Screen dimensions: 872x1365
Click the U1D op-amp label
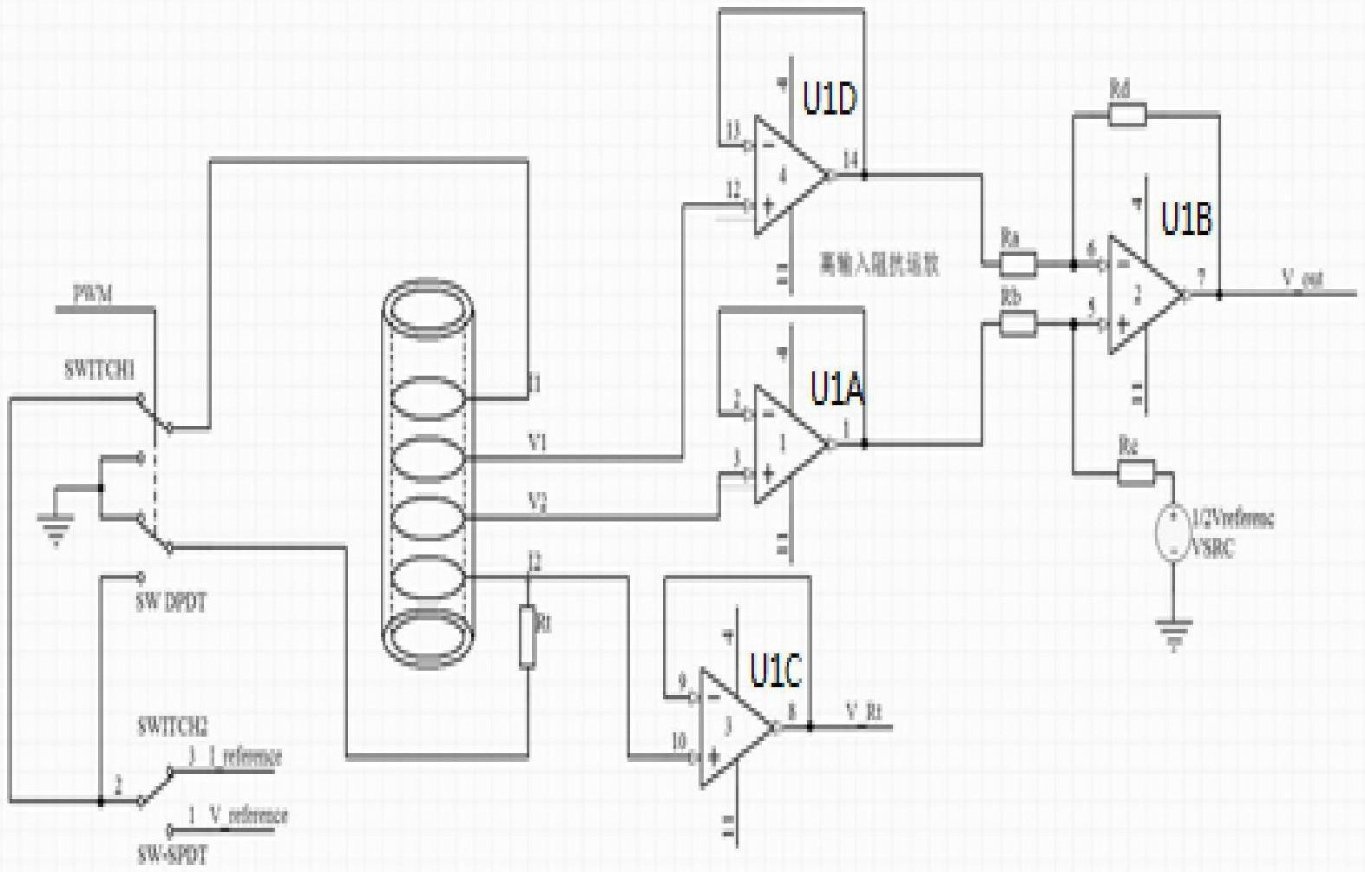pyautogui.click(x=830, y=98)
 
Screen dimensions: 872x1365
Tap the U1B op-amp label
pyautogui.click(x=1186, y=220)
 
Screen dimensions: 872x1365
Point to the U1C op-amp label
pyautogui.click(x=776, y=671)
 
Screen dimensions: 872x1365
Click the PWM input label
pyautogui.click(x=93, y=295)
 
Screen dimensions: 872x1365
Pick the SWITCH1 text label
pyautogui.click(x=100, y=370)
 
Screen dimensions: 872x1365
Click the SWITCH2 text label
pyautogui.click(x=173, y=727)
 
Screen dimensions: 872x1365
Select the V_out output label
pyautogui.click(x=1303, y=279)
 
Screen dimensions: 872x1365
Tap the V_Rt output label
pyautogui.click(x=864, y=712)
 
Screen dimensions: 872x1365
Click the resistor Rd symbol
pyautogui.click(x=1126, y=115)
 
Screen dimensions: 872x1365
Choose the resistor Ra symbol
pyautogui.click(x=1016, y=264)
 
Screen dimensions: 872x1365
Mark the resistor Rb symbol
pyautogui.click(x=1016, y=325)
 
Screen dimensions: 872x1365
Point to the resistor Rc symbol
pyautogui.click(x=1135, y=473)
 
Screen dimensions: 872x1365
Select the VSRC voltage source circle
pyautogui.click(x=1171, y=532)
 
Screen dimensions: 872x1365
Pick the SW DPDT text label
pyautogui.click(x=171, y=603)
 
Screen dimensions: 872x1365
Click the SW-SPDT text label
pyautogui.click(x=172, y=855)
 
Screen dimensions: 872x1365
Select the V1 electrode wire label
pyautogui.click(x=538, y=443)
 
